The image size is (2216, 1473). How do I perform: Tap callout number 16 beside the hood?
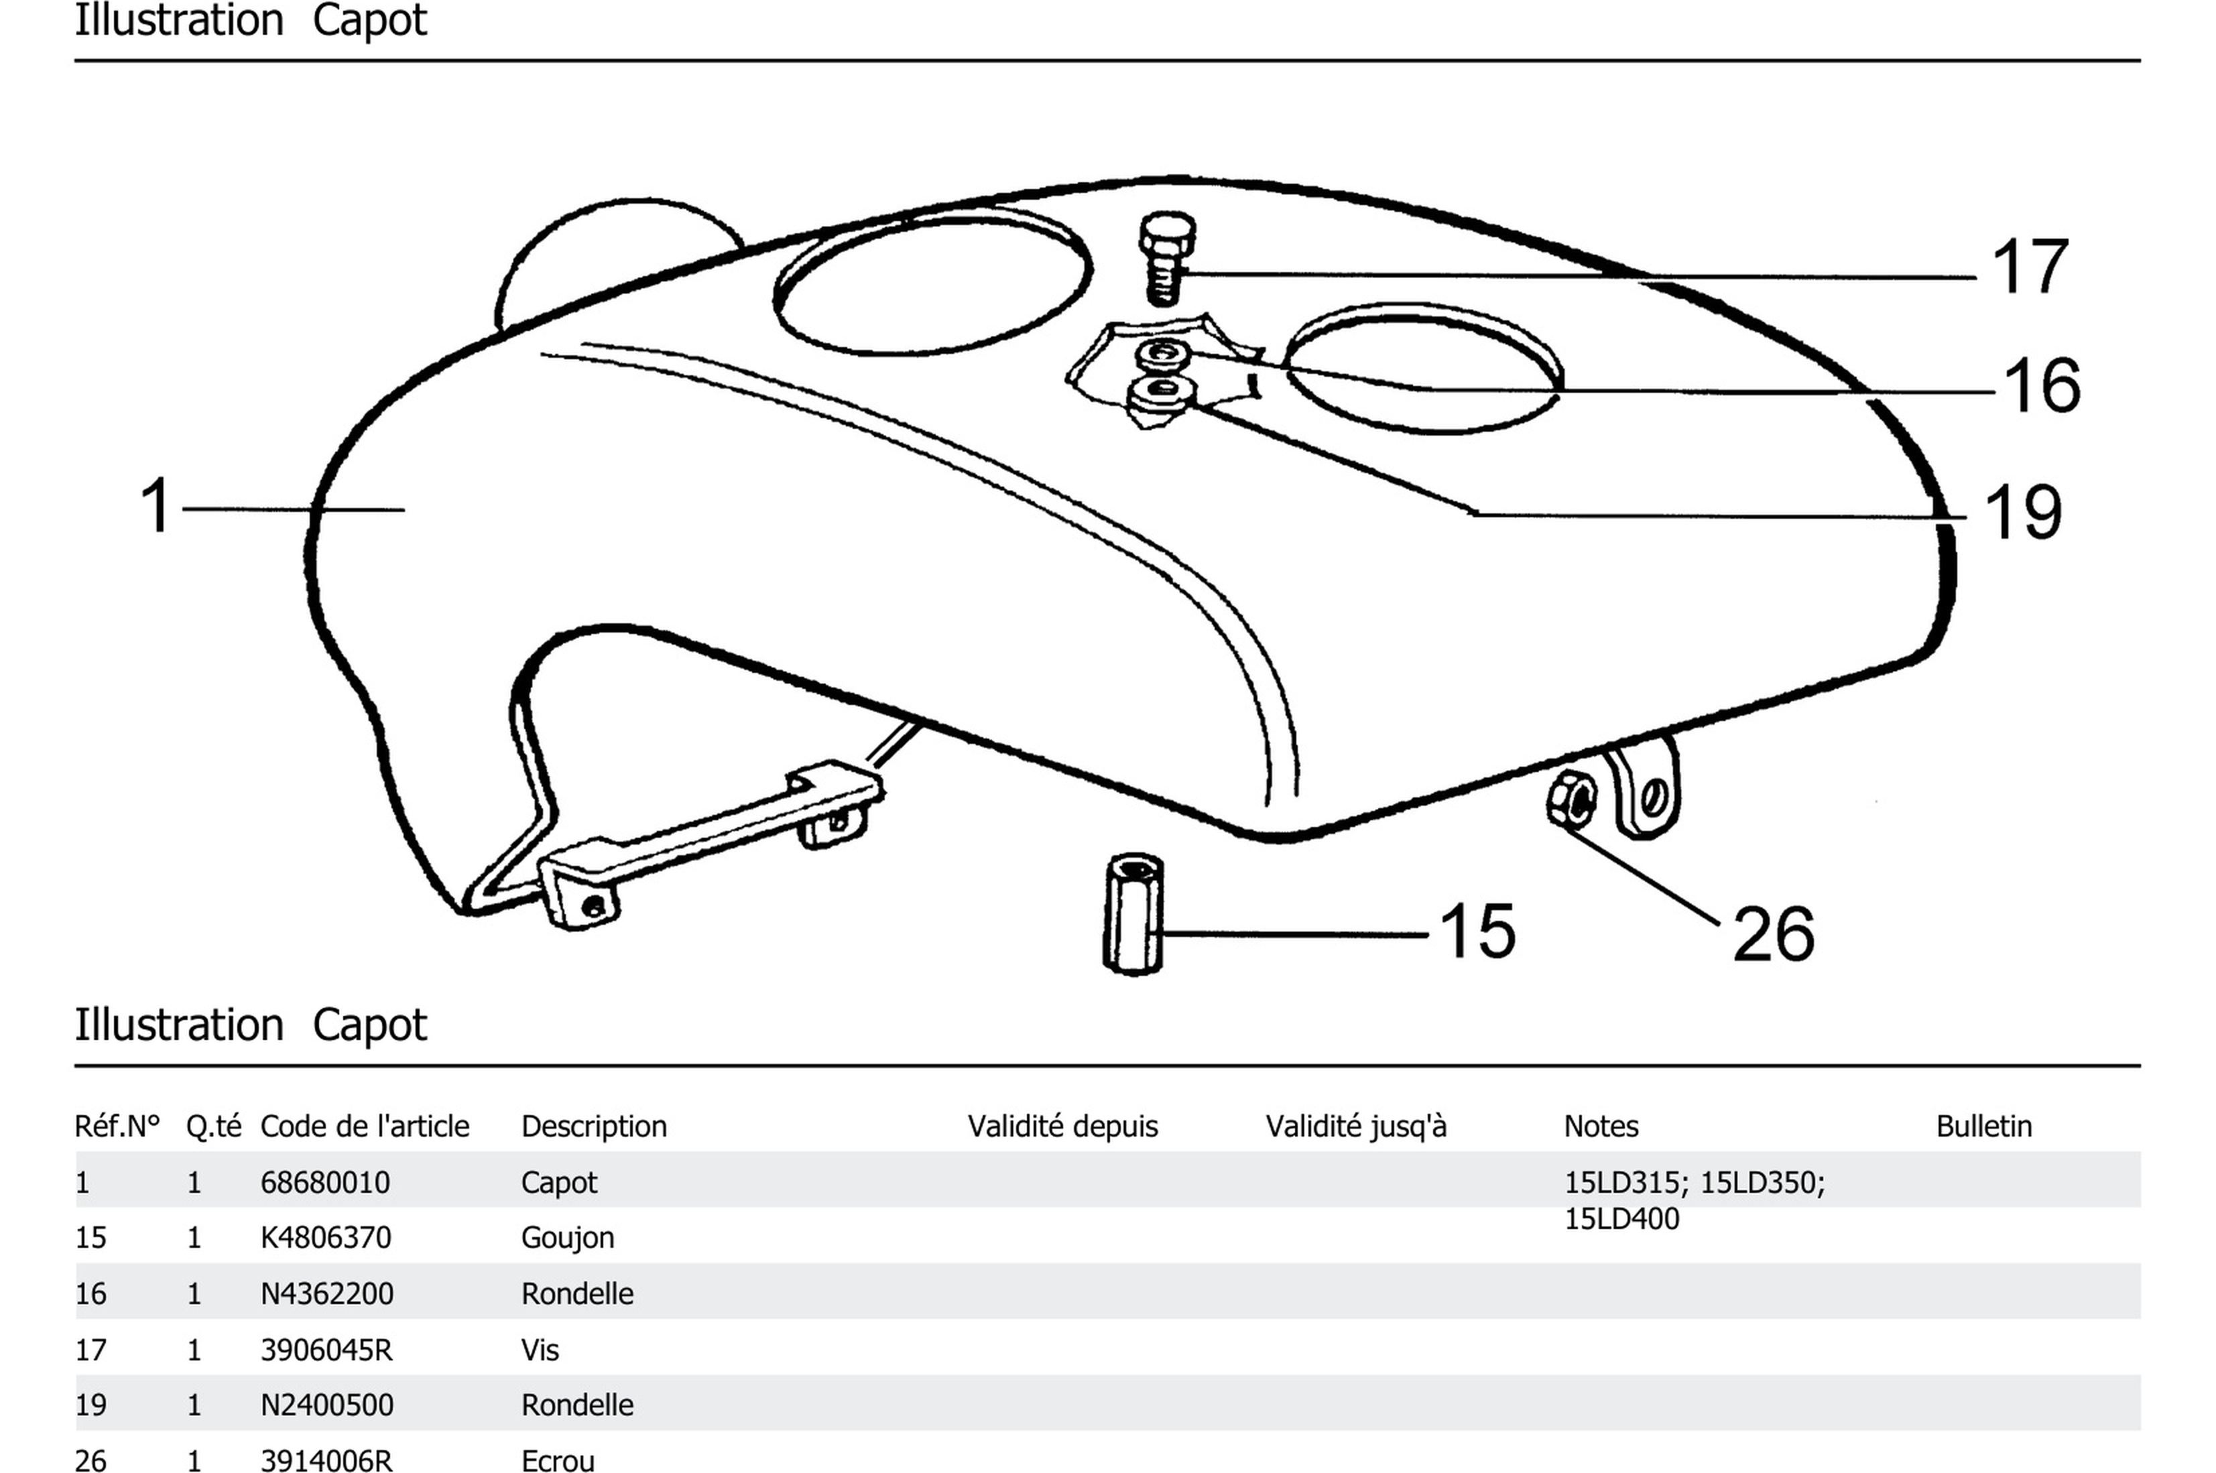[x=2041, y=385]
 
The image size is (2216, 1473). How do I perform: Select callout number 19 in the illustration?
[x=2022, y=512]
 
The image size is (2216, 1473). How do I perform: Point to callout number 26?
[x=1773, y=935]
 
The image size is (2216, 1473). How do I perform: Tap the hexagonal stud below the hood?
[x=1132, y=913]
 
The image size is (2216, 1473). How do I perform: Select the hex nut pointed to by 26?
[x=1571, y=799]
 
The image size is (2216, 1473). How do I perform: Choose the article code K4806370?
[x=325, y=1237]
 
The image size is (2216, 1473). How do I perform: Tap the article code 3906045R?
[x=325, y=1350]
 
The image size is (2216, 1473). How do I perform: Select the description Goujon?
[x=566, y=1237]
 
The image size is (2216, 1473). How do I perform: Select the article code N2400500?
[x=326, y=1405]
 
